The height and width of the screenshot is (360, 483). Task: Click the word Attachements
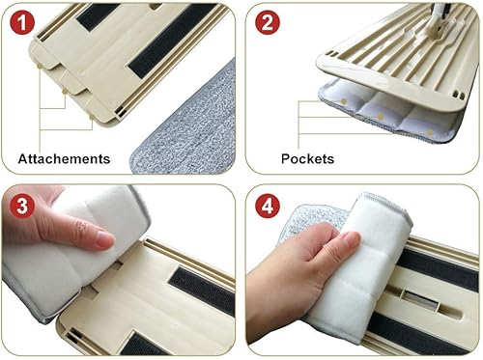[64, 158]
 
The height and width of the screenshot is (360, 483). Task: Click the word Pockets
[308, 158]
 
